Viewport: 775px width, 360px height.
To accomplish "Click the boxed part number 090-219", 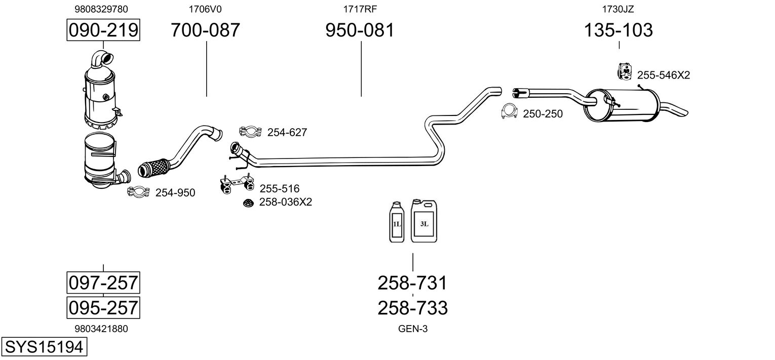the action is point(103,30).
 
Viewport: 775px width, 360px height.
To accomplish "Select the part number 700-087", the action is point(206,30).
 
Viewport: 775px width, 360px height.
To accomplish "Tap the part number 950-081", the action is point(360,30).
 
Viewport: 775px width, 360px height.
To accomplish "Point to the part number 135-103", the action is point(618,30).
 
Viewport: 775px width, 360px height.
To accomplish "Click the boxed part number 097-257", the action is point(103,283).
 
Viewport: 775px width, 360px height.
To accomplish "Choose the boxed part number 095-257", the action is point(103,307).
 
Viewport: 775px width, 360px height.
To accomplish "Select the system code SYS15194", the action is point(44,347).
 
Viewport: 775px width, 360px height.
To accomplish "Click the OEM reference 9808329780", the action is point(101,9).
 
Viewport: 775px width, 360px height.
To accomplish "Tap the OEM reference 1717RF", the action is point(360,9).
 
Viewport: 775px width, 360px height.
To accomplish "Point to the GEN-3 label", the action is point(413,329).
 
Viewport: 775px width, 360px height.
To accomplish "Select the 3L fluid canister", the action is point(424,221).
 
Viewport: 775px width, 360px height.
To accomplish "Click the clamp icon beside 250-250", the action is point(509,111).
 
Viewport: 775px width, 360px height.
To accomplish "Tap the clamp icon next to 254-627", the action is point(251,132).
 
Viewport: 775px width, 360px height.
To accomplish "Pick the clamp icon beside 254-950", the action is point(138,191).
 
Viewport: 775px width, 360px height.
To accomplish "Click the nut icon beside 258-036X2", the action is point(248,203).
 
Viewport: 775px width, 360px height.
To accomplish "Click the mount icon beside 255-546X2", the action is point(625,71).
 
